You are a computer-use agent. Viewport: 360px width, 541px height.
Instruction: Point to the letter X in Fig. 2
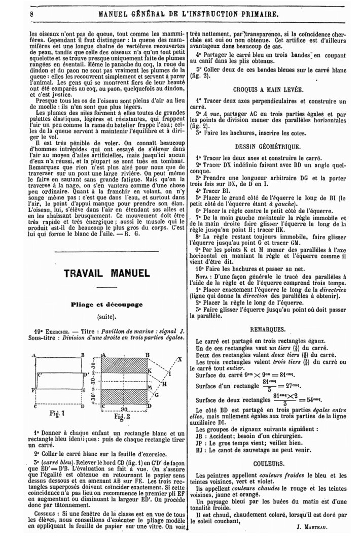pyautogui.click(x=179, y=359)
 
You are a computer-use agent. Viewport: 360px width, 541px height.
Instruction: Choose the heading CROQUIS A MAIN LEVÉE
pyautogui.click(x=269, y=89)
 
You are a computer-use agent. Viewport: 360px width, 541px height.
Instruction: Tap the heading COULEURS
pyautogui.click(x=269, y=463)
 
